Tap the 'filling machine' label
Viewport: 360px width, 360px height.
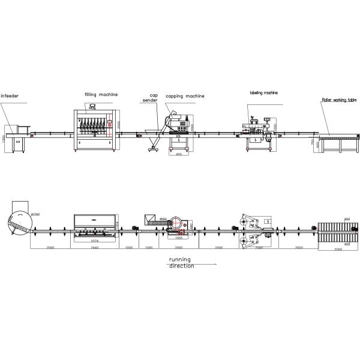[101, 94]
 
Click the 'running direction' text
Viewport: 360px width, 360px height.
[181, 262]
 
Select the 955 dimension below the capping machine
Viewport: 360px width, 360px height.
[178, 154]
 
